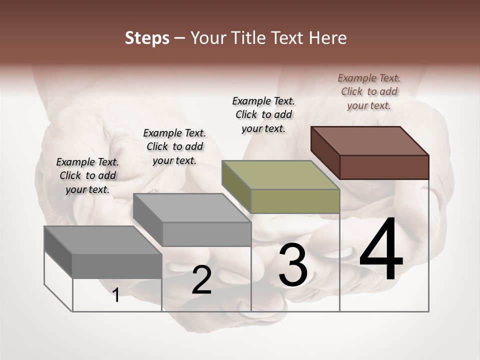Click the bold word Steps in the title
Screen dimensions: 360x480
point(146,38)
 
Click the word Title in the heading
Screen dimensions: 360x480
point(249,38)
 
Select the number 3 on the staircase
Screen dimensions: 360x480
point(292,264)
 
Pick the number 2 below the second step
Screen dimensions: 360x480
point(201,280)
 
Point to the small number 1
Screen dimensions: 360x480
point(116,295)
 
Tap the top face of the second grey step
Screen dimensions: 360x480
point(192,207)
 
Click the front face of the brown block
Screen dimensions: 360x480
point(384,167)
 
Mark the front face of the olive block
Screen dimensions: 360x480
point(295,201)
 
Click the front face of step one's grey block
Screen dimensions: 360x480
point(117,265)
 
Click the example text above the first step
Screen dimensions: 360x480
point(87,175)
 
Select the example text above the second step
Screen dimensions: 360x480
point(174,146)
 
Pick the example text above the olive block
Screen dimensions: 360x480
point(263,114)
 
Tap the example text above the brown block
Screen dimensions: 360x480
point(369,91)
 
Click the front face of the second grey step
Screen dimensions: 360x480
point(206,234)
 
